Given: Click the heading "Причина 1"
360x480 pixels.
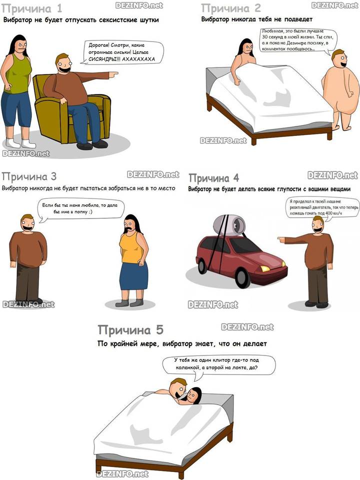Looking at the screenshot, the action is [32, 8].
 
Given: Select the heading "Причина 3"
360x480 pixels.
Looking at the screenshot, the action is [29, 176].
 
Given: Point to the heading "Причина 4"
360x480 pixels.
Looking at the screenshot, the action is [213, 178].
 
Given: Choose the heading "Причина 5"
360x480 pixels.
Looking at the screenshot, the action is [130, 330].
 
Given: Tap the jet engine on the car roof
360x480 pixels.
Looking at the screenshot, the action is [229, 225].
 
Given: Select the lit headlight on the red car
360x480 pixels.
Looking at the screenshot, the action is [265, 269].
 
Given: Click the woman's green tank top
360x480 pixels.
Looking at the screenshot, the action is [17, 74].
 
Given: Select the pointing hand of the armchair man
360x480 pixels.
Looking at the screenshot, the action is [113, 74].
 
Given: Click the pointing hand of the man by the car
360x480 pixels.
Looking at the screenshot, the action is [281, 239].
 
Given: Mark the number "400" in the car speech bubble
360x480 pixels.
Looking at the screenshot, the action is [329, 213].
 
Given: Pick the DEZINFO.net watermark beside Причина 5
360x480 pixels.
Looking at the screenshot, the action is [247, 327].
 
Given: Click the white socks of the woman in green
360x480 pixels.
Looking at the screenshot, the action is [21, 143].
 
